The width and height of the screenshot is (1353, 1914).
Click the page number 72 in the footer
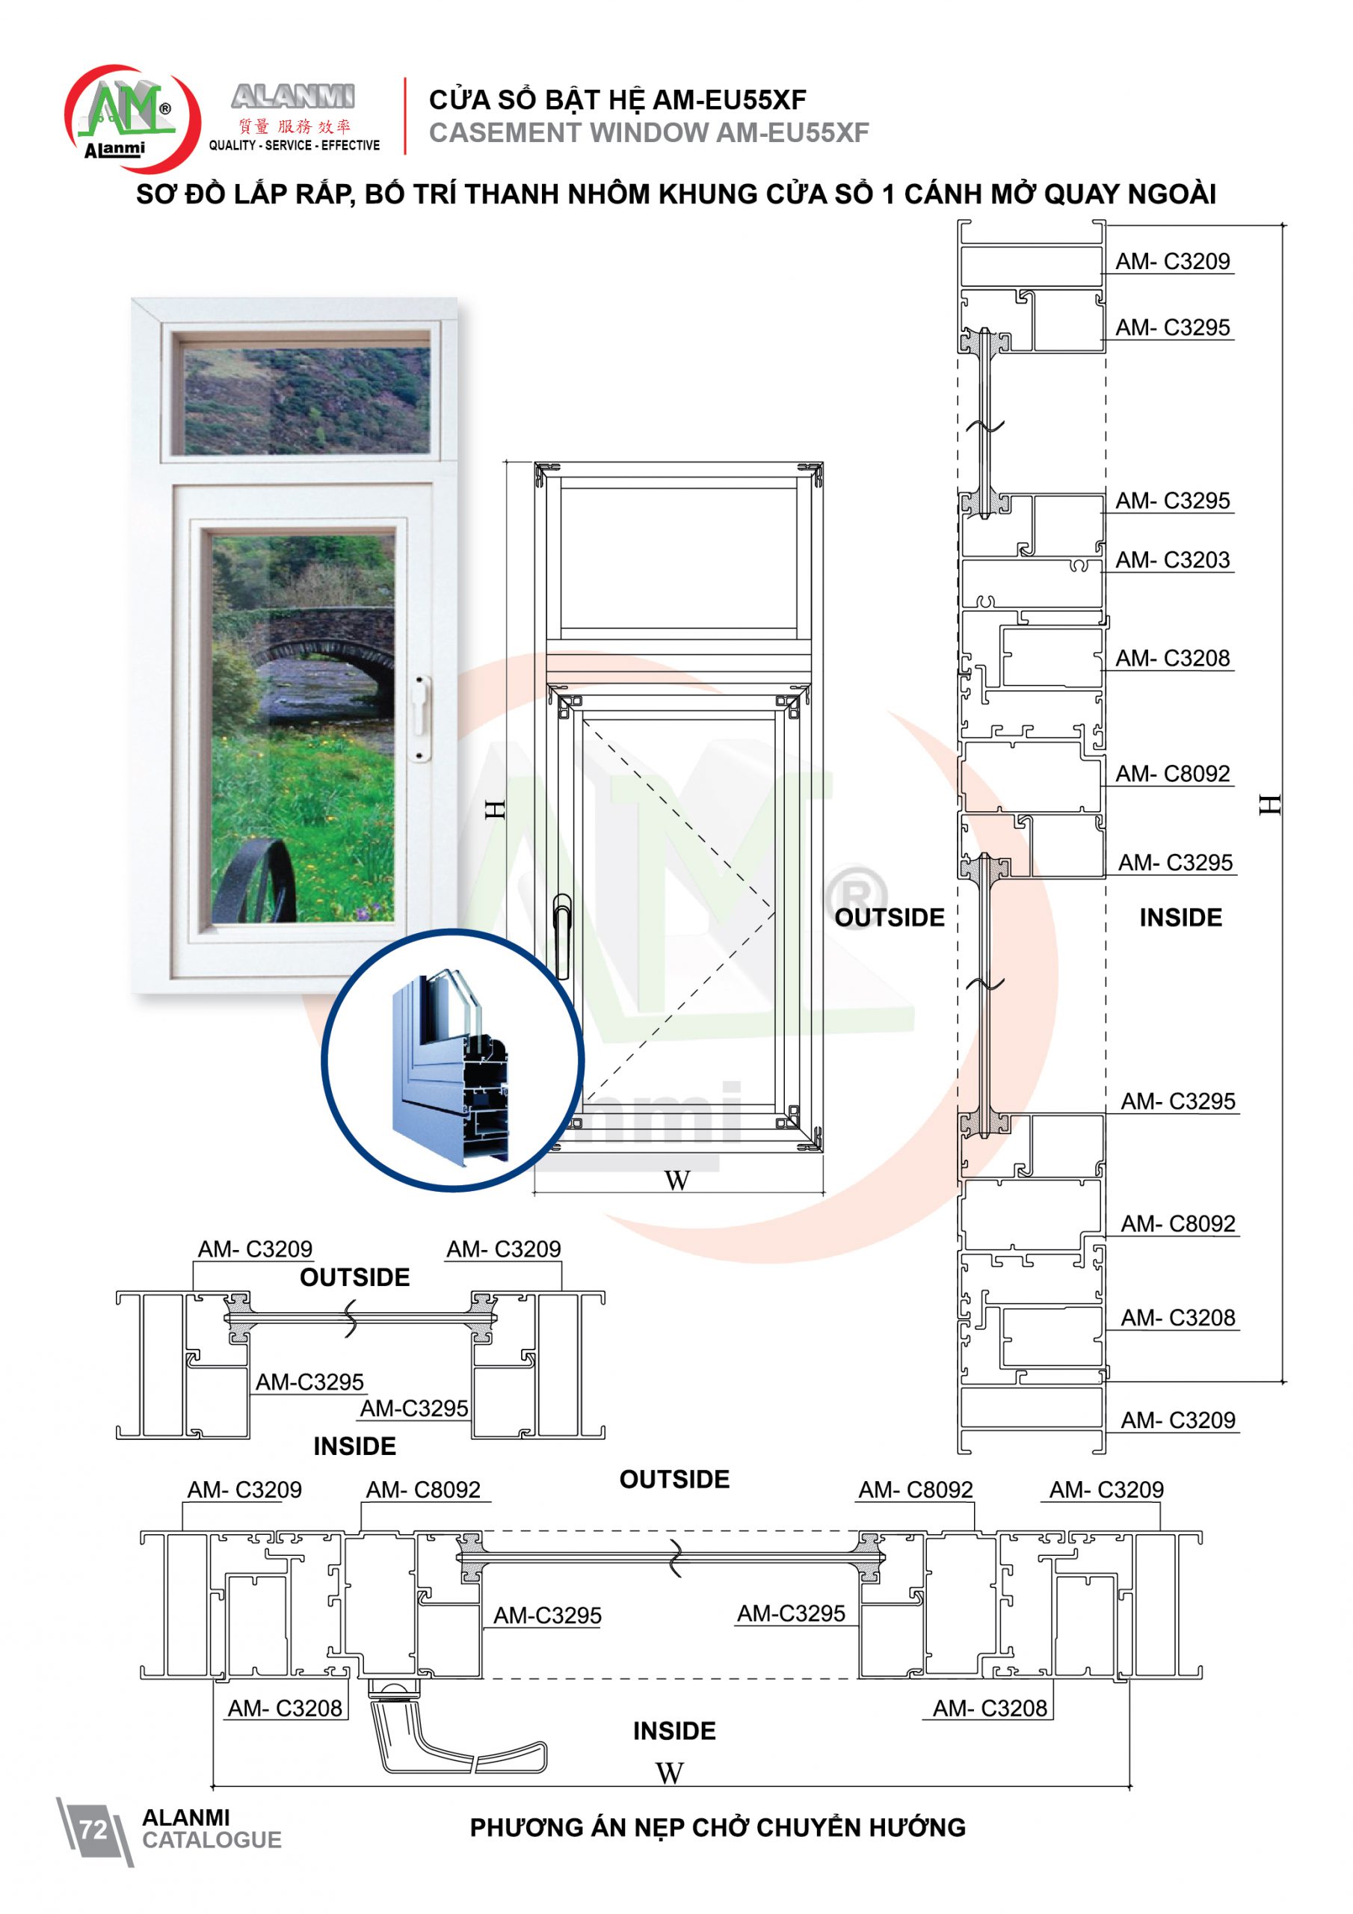pyautogui.click(x=93, y=1829)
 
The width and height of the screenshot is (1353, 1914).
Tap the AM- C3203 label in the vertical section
pyautogui.click(x=1173, y=559)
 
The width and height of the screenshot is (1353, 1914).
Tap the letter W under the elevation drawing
pyautogui.click(x=677, y=1181)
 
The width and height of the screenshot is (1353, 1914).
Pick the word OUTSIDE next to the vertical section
pyautogui.click(x=890, y=918)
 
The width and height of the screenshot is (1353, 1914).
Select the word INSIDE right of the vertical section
pyautogui.click(x=1180, y=918)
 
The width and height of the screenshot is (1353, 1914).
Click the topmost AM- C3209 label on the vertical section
pyautogui.click(x=1173, y=261)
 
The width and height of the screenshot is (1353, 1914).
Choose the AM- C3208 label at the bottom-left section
pyautogui.click(x=285, y=1708)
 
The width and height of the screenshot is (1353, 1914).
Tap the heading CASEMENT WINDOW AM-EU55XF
pyautogui.click(x=649, y=132)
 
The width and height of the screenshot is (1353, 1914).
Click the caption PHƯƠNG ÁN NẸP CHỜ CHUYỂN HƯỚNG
pyautogui.click(x=718, y=1827)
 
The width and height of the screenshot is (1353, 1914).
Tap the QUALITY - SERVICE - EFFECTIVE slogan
pyautogui.click(x=295, y=145)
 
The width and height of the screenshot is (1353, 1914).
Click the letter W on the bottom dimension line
pyautogui.click(x=670, y=1773)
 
